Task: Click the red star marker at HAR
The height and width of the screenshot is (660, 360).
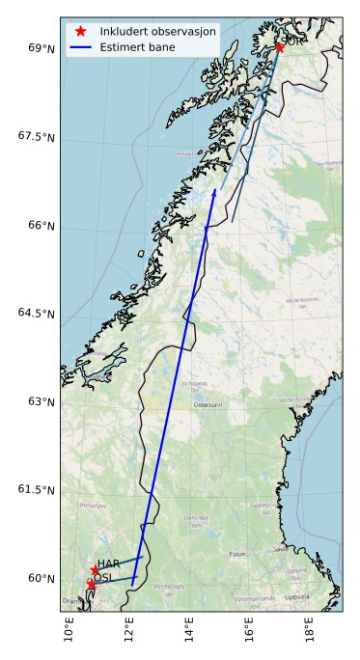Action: point(95,569)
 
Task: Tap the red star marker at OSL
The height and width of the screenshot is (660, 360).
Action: point(91,585)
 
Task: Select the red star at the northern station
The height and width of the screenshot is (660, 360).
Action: point(278,46)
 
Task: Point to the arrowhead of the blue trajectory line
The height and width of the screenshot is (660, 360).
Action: point(214,192)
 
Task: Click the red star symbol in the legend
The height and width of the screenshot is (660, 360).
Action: point(81,31)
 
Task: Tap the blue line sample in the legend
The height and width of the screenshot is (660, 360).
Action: point(81,46)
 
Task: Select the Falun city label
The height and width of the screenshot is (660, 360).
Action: point(236,554)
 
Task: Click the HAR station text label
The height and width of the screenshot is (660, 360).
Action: point(109,564)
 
